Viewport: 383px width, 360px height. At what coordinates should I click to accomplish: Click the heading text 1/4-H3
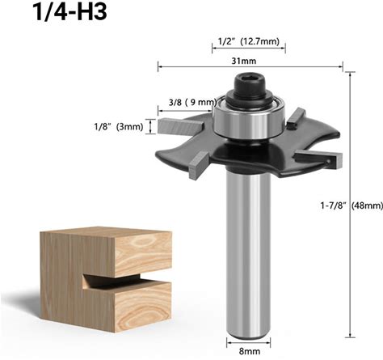(x=69, y=12)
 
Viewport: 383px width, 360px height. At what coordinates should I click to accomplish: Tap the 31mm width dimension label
(x=244, y=61)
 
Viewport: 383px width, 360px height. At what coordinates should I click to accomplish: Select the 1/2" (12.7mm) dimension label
(x=248, y=42)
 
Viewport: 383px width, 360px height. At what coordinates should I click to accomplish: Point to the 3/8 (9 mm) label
(x=193, y=102)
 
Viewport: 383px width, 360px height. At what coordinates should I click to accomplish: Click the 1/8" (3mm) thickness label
(x=119, y=126)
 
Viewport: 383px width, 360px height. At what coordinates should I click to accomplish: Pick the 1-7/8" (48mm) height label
(x=351, y=205)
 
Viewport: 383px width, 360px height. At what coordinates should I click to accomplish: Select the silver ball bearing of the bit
(x=249, y=120)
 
